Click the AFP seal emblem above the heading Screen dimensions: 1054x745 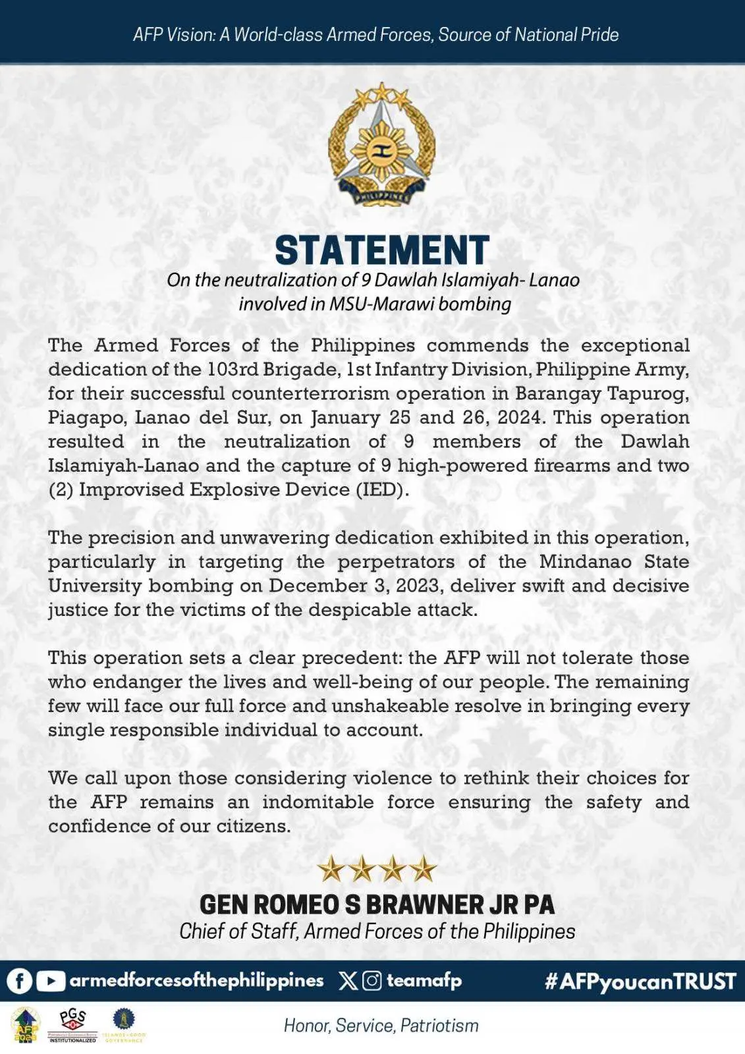coord(381,144)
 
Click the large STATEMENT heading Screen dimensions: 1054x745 coord(381,250)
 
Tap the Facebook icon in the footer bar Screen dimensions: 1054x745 coord(20,981)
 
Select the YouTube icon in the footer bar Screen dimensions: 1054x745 coord(50,981)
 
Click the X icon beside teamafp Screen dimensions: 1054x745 coord(348,981)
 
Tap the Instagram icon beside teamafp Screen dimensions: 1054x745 coord(372,981)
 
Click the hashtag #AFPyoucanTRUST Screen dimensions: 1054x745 coord(640,982)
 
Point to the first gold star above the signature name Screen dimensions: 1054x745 coord(331,870)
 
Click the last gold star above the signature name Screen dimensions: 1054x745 coord(423,870)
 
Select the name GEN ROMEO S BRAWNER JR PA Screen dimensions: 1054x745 coord(377,904)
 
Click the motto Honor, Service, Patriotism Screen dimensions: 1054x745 coord(381,1025)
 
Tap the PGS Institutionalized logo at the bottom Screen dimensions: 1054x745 coord(72,1025)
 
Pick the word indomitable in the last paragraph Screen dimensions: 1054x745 coord(317,802)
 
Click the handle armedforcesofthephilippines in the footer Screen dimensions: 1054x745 coord(196,981)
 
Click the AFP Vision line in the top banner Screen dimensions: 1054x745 coord(375,34)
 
